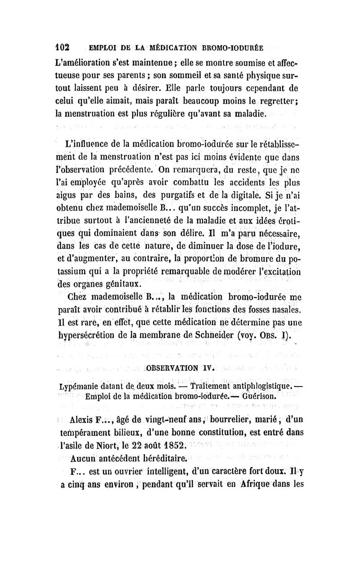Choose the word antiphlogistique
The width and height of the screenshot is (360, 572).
243,386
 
